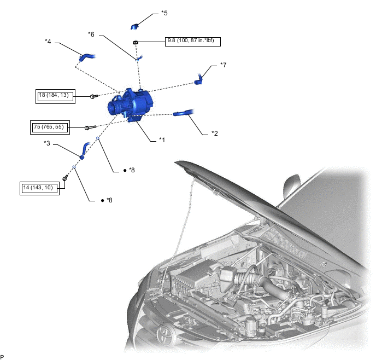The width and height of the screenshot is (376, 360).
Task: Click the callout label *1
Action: (x=162, y=140)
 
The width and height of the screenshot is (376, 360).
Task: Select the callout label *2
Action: (x=215, y=133)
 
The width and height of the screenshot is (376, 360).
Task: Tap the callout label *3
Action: (x=47, y=143)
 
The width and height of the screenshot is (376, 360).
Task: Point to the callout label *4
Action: (x=48, y=42)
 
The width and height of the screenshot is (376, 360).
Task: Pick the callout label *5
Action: (x=164, y=13)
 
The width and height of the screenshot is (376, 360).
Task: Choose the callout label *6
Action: (x=91, y=34)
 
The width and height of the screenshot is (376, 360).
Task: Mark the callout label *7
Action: (x=223, y=65)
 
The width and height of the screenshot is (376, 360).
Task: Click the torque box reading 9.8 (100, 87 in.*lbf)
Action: (x=193, y=42)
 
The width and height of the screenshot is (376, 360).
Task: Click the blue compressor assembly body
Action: (x=130, y=105)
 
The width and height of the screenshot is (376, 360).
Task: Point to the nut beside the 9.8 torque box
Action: (x=136, y=43)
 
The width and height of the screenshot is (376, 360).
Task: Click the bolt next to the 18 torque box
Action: (x=93, y=96)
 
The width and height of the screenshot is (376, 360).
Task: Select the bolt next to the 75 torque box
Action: (x=90, y=127)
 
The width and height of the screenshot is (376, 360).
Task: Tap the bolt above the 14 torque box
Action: (x=65, y=178)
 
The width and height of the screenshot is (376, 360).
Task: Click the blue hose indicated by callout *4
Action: (x=86, y=57)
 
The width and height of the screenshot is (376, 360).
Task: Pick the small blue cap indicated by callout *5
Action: (x=134, y=26)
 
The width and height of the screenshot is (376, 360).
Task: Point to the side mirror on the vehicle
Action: (x=292, y=187)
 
